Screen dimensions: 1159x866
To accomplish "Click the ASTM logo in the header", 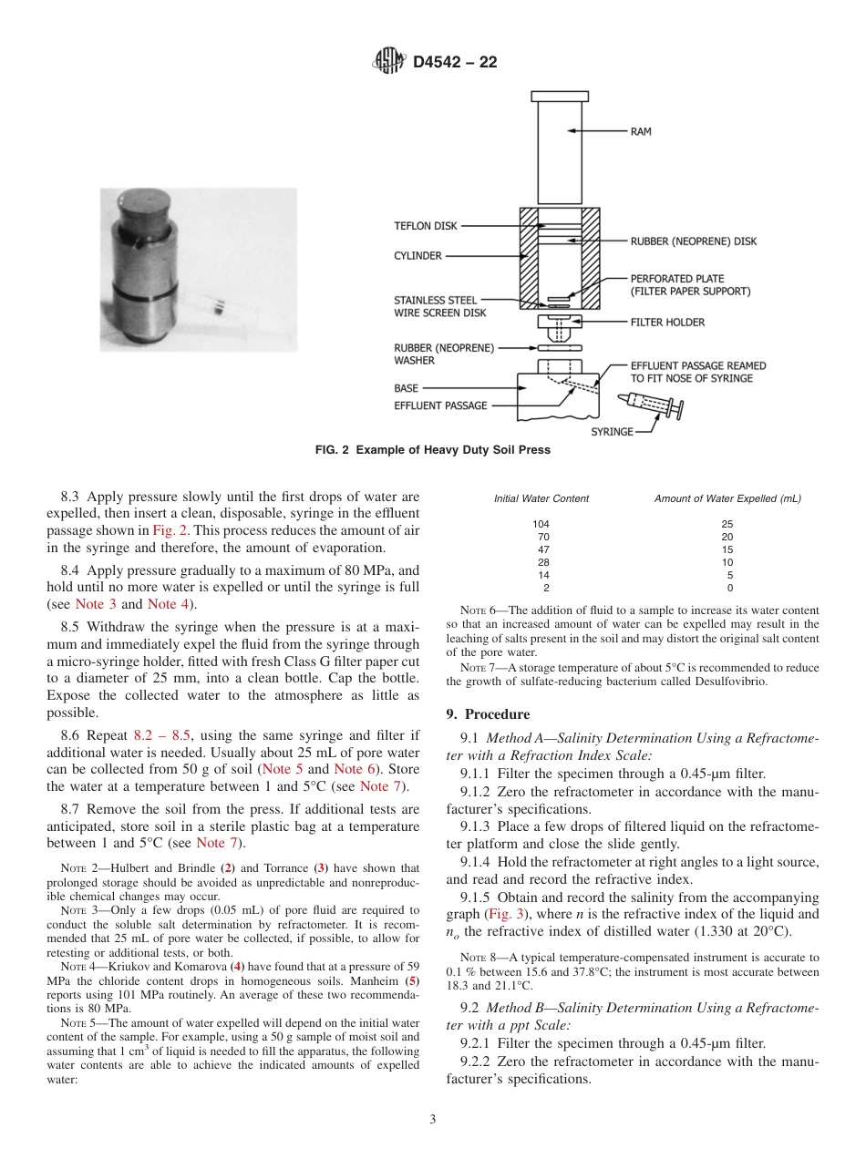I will click(389, 62).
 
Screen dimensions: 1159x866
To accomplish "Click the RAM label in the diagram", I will click(641, 132).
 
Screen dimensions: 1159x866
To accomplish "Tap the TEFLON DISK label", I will click(426, 226).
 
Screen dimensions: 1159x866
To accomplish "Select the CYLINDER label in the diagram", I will click(418, 256).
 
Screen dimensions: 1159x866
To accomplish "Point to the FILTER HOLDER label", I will click(667, 323).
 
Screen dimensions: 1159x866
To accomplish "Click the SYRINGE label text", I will click(612, 432).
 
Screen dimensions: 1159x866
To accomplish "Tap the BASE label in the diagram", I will click(406, 388).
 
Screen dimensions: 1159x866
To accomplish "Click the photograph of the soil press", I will click(198, 269).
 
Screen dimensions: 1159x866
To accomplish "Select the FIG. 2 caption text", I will click(432, 450).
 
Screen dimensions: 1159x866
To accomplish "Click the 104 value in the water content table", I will click(541, 524).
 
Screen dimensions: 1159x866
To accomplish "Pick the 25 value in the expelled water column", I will click(727, 524).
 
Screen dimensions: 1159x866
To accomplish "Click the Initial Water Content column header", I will click(541, 498).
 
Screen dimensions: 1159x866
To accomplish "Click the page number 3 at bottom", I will click(432, 1120).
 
